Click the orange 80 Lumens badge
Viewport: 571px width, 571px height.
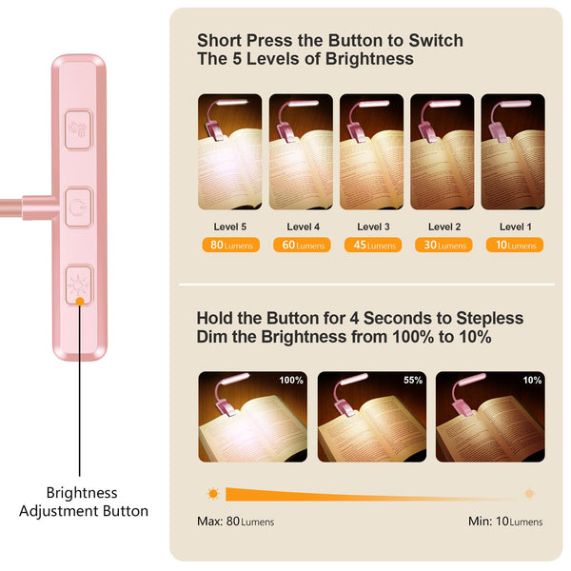tap(231, 245)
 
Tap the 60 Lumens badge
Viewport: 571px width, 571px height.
tap(302, 245)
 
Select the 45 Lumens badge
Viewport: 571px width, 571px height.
tap(373, 245)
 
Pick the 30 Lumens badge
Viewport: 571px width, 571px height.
tap(443, 245)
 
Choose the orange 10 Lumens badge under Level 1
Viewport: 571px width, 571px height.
tap(515, 245)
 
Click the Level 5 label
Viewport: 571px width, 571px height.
tap(230, 226)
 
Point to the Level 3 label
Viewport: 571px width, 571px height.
tap(373, 226)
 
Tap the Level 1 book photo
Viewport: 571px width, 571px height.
tap(513, 152)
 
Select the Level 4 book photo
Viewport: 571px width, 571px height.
tap(301, 152)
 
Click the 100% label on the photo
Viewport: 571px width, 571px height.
tap(291, 380)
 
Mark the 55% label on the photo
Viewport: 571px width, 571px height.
tap(413, 380)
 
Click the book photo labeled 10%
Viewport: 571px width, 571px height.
tap(490, 417)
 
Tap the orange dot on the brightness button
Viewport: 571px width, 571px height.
tap(80, 301)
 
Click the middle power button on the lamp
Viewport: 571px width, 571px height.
tap(78, 207)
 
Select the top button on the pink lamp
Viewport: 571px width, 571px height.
tap(78, 129)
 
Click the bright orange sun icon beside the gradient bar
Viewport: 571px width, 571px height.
tap(213, 494)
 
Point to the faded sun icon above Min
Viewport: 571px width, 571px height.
tap(529, 494)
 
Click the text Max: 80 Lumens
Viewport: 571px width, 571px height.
tap(236, 522)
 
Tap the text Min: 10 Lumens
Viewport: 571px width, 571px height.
tap(505, 522)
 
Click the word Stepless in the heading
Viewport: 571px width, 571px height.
tap(490, 318)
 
